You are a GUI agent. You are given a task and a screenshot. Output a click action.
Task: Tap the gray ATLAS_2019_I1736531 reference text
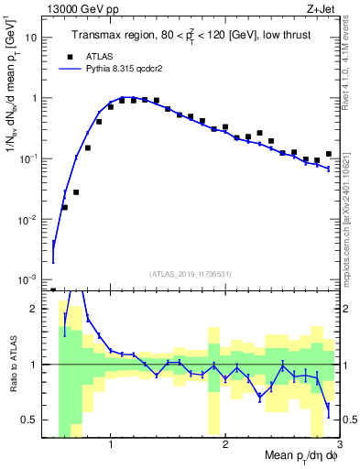click(191, 273)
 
